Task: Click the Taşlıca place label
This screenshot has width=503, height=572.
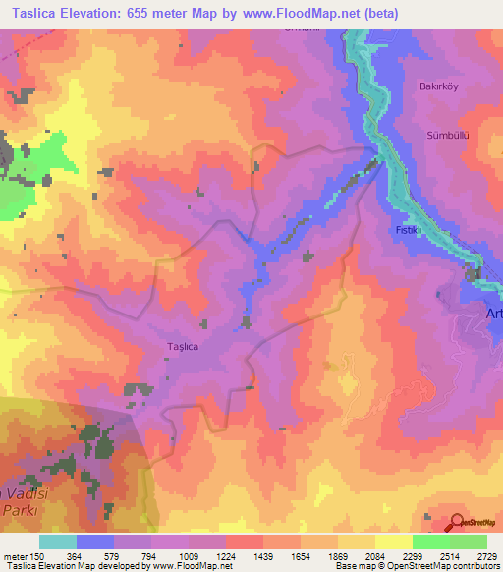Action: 184,347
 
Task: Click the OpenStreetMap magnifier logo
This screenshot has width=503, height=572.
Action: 457,522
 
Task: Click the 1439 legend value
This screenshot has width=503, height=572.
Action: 263,555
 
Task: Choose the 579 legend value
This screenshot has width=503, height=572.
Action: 114,555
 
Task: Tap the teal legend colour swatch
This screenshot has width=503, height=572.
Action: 58,542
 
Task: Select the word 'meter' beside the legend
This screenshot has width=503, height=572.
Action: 14,555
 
